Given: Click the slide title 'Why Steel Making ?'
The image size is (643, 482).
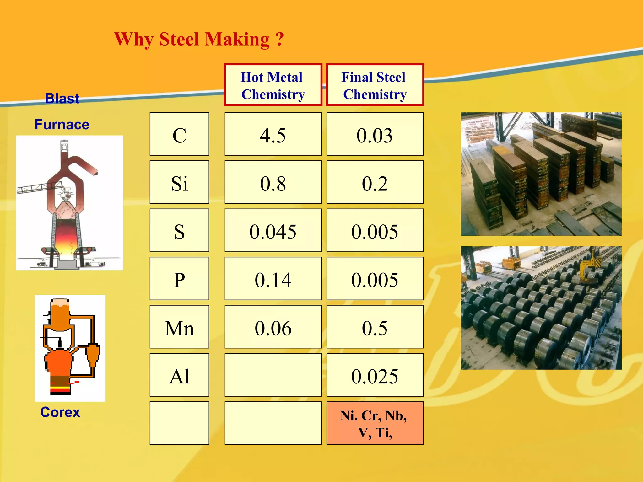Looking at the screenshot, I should click(x=199, y=40).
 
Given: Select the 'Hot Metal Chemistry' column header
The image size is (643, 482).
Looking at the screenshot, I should click(x=273, y=85).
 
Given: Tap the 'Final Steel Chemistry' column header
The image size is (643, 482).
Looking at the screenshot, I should click(x=375, y=85).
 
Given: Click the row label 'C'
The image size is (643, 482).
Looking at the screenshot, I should click(x=179, y=134).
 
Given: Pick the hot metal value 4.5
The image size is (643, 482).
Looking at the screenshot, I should click(x=273, y=135).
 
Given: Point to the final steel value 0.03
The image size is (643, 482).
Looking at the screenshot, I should click(x=375, y=135).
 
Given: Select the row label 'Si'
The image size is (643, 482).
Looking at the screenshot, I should click(x=179, y=183).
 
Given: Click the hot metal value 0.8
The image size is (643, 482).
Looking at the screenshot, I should click(x=273, y=183).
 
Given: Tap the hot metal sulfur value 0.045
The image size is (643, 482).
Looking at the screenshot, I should click(x=273, y=231).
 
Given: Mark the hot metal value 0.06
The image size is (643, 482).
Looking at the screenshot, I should click(x=273, y=328).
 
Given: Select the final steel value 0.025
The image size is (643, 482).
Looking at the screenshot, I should click(x=375, y=376).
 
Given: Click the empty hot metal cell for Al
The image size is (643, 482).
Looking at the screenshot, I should click(x=273, y=375).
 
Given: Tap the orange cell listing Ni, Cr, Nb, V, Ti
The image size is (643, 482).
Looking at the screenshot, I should click(x=375, y=423).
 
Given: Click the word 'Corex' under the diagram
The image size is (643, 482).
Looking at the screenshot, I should click(x=60, y=412).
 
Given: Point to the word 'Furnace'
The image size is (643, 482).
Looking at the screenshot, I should click(x=62, y=125).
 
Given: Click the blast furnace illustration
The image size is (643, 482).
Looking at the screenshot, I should click(x=69, y=203).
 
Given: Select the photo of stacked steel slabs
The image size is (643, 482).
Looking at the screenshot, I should click(x=541, y=174).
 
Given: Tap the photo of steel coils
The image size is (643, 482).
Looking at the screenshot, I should click(x=541, y=308).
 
